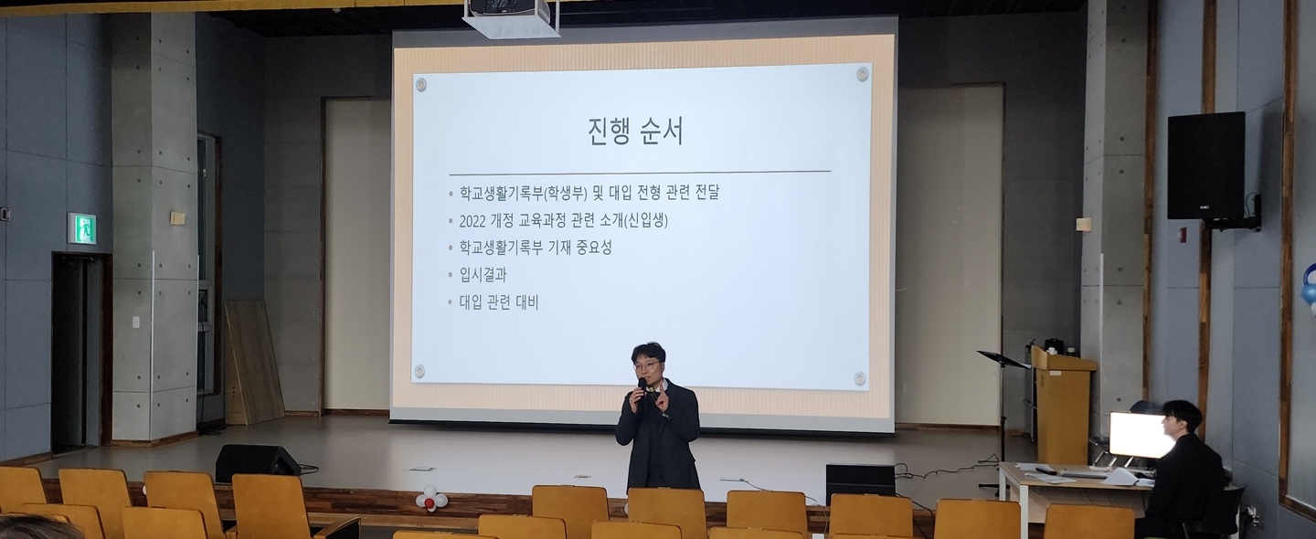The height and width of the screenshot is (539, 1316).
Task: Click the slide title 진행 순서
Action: click(x=636, y=132)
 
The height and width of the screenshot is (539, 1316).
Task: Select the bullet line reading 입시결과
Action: click(x=483, y=275)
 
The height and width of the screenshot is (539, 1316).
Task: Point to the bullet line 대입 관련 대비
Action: click(x=499, y=302)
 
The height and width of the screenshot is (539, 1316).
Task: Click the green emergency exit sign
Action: click(x=82, y=228)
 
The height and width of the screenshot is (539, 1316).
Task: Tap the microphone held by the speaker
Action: click(x=642, y=388)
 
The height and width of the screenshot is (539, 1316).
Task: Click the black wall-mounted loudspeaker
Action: click(x=1205, y=165)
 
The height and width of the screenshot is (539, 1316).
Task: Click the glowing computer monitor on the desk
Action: click(x=1134, y=434)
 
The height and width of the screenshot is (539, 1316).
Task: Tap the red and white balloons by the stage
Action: click(x=431, y=498)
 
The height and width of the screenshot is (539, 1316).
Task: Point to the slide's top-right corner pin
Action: click(x=862, y=73)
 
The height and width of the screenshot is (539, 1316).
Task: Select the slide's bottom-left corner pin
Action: click(x=419, y=371)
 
